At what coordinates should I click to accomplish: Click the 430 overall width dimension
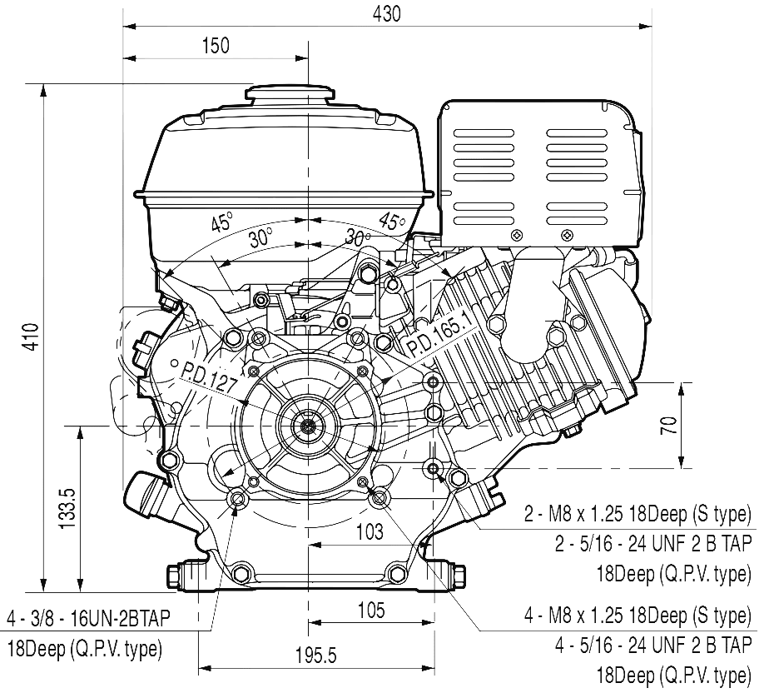click(386, 13)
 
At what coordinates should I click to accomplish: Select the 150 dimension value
click(215, 46)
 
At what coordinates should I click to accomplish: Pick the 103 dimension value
click(368, 531)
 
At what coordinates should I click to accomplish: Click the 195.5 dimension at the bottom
click(315, 656)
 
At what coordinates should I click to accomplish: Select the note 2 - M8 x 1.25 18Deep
click(637, 511)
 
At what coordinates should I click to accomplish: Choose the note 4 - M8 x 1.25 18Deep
click(637, 616)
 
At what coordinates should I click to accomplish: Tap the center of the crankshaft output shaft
click(308, 427)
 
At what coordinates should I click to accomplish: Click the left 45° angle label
click(221, 222)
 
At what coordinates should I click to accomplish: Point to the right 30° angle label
click(359, 237)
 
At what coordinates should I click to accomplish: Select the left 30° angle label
click(260, 237)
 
